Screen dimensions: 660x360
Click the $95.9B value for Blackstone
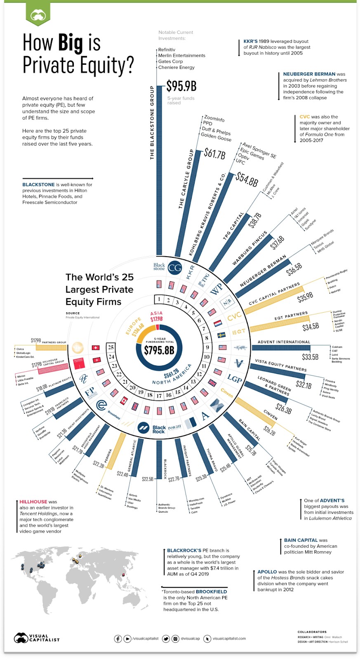[x=181, y=86]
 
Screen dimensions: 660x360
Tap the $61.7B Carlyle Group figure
[x=214, y=154]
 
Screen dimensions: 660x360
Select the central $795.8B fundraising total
[x=159, y=350]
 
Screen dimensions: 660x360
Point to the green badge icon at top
[x=38, y=16]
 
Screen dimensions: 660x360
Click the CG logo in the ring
[x=175, y=268]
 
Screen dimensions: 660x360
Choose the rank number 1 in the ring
[x=159, y=299]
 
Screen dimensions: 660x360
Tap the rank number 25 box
[x=111, y=347]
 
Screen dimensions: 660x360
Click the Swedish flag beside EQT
[x=221, y=335]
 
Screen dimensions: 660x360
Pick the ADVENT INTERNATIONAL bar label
[x=284, y=342]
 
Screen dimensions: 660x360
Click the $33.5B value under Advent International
[x=310, y=357]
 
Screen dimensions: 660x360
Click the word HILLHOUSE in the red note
[x=33, y=502]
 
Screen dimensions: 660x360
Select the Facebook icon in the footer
[x=118, y=639]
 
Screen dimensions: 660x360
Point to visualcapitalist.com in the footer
[x=229, y=639]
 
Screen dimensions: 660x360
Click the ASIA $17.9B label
[x=156, y=316]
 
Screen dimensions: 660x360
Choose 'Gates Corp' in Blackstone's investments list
[x=170, y=61]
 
